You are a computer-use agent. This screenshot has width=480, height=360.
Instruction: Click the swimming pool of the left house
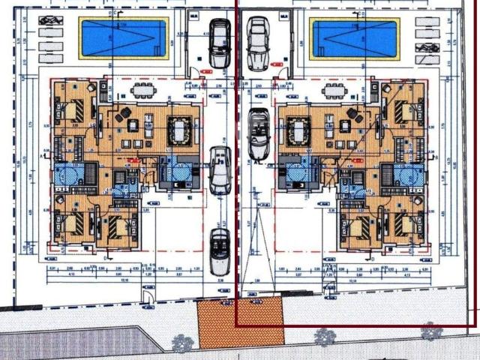(x=124, y=37)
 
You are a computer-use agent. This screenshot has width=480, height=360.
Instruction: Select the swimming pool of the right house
(x=355, y=37)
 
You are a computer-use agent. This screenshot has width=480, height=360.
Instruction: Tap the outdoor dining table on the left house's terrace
(x=144, y=92)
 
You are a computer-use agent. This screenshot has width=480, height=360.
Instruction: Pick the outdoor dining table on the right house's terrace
(x=334, y=92)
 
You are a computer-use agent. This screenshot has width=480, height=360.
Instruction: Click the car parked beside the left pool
(x=220, y=43)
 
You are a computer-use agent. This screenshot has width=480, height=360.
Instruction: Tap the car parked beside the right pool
(x=257, y=43)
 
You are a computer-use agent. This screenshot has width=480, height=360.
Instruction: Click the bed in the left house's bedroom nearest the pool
(x=70, y=110)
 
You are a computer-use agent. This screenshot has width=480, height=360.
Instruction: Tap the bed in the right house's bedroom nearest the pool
(x=408, y=110)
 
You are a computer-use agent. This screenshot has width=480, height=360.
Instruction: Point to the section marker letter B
(x=435, y=158)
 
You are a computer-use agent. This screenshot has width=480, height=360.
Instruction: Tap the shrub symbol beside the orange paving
(x=182, y=343)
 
